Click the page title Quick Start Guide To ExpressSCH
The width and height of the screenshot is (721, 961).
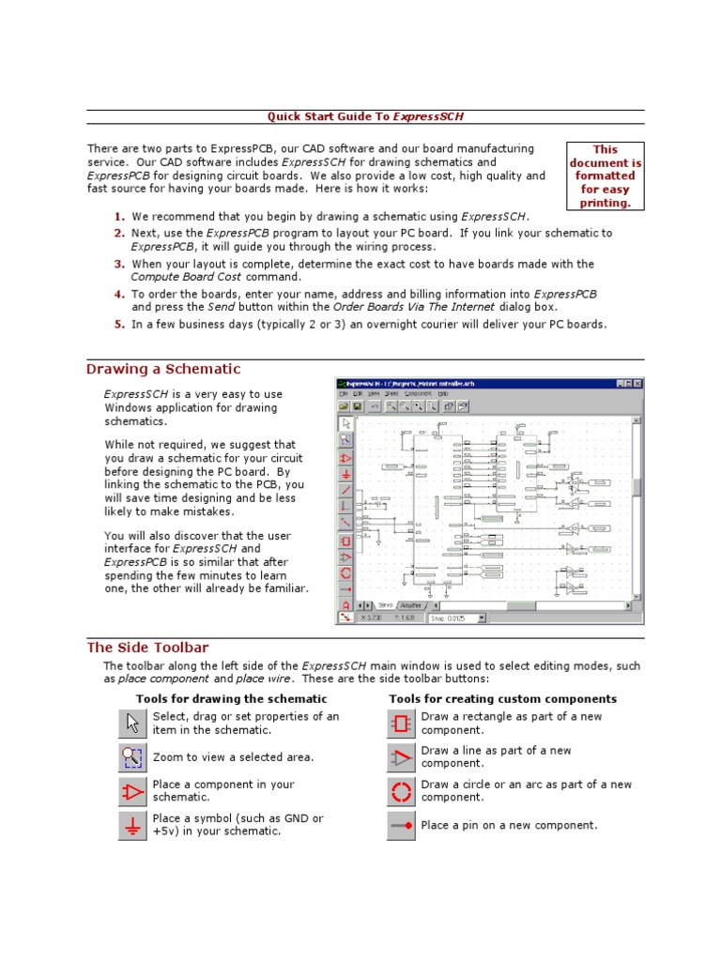[x=365, y=116]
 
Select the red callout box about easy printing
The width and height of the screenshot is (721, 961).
[x=605, y=175]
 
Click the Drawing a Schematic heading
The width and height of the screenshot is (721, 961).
[x=163, y=369]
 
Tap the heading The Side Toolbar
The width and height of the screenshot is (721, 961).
[x=147, y=648]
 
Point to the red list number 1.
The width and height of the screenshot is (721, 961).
[x=119, y=216]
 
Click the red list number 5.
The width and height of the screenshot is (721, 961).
[x=119, y=324]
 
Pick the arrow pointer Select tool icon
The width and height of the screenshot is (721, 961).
[x=133, y=724]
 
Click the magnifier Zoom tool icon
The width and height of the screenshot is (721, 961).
[x=133, y=757]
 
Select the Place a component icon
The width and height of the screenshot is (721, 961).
[x=133, y=791]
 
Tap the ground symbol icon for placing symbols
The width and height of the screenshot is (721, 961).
[x=133, y=825]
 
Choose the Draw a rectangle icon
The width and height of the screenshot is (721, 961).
[x=402, y=724]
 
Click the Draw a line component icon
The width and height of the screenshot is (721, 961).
[x=402, y=757]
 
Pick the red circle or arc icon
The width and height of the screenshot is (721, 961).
[x=402, y=791]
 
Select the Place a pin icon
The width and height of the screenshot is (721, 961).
[x=402, y=825]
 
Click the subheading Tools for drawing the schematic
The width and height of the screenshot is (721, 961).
[x=231, y=699]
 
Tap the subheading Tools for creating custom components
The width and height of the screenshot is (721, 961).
[x=502, y=699]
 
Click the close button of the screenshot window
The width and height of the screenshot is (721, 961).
[x=637, y=384]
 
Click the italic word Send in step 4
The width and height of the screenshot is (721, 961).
[x=222, y=307]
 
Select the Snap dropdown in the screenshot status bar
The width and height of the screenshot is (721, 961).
[x=456, y=618]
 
